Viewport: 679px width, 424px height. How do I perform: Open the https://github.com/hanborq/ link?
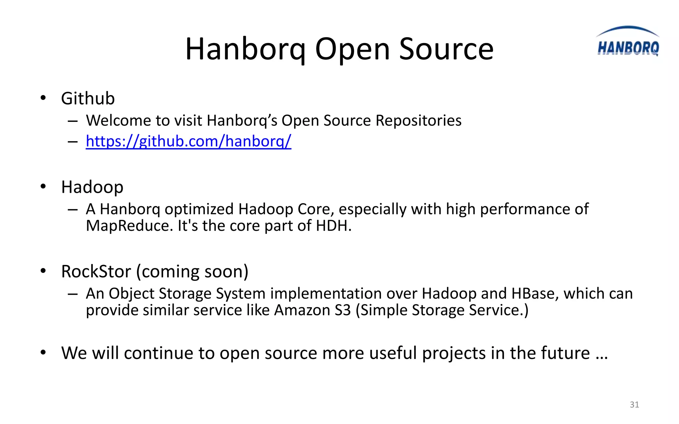point(188,141)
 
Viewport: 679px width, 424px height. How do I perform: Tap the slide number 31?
point(634,404)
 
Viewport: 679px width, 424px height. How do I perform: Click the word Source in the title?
point(446,49)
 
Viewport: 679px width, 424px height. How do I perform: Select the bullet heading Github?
point(88,98)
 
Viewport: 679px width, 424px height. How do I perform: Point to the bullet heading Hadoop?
point(92,187)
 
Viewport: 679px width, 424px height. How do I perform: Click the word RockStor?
point(96,272)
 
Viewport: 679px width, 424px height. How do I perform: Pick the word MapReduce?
point(130,226)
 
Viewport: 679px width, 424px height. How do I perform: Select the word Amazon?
point(302,310)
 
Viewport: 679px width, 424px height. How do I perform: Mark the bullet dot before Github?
point(43,98)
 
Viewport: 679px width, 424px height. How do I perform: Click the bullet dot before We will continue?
point(43,352)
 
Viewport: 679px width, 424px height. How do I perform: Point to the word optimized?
point(199,209)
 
